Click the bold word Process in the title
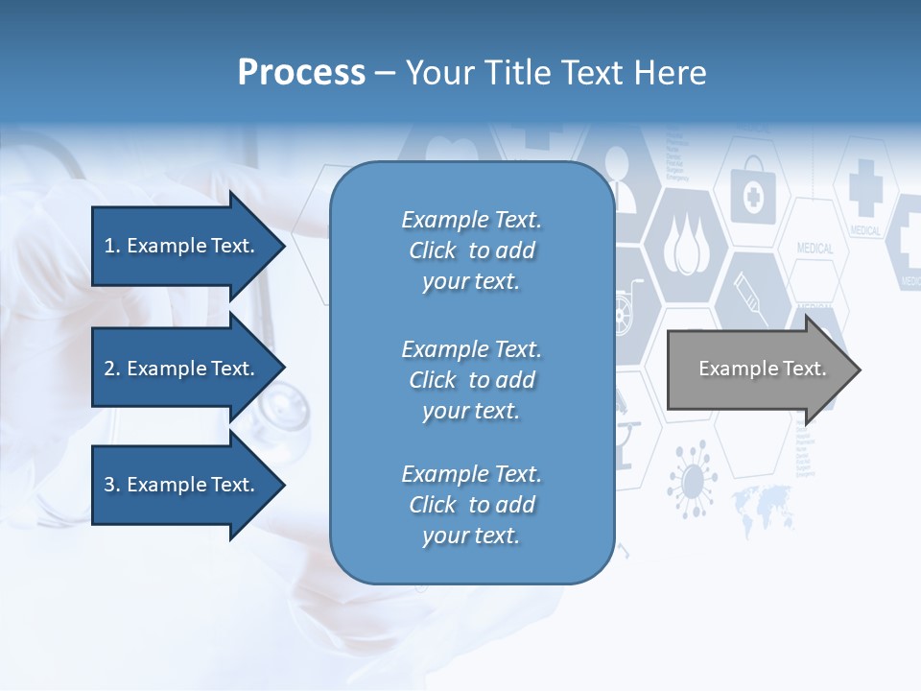301,73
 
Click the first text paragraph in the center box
471,250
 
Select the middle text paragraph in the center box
471,380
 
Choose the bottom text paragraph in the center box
471,505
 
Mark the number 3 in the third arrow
108,485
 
